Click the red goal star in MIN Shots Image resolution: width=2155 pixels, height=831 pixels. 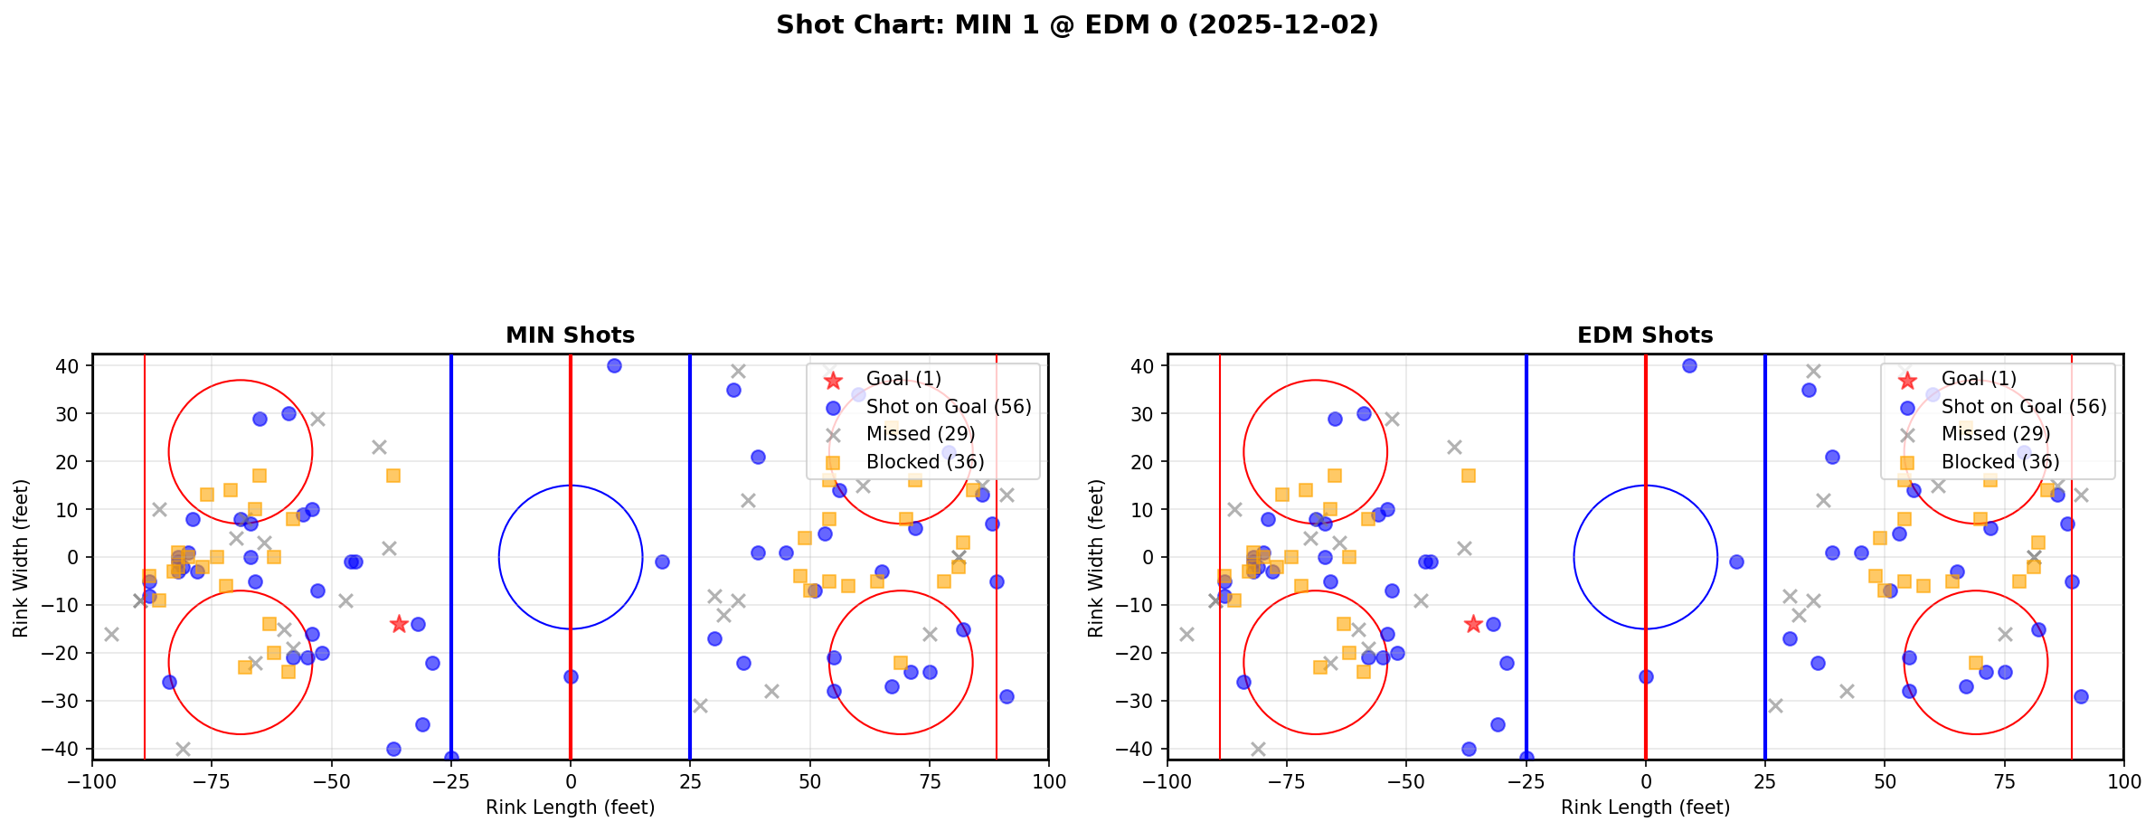point(399,624)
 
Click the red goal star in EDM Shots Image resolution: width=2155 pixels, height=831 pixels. point(1473,624)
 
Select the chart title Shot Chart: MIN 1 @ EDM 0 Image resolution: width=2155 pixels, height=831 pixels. point(1077,25)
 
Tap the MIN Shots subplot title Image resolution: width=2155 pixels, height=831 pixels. point(570,335)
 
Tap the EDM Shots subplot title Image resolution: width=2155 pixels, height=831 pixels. point(1645,335)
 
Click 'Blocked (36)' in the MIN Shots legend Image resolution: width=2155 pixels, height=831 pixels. point(925,462)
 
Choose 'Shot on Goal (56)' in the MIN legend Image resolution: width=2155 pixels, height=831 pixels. point(949,407)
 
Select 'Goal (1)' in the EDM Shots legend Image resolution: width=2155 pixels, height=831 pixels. point(1979,379)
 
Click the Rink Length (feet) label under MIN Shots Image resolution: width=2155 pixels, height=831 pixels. point(570,807)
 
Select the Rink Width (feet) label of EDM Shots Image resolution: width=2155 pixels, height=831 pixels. point(1096,558)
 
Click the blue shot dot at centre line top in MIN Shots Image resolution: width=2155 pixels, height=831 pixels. point(614,366)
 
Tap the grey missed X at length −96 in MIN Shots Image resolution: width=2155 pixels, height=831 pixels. point(111,634)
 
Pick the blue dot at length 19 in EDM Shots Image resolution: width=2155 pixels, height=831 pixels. point(1736,562)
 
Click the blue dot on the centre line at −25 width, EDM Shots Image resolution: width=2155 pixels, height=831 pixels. point(1646,676)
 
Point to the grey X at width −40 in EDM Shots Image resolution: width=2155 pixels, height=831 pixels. point(1258,749)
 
